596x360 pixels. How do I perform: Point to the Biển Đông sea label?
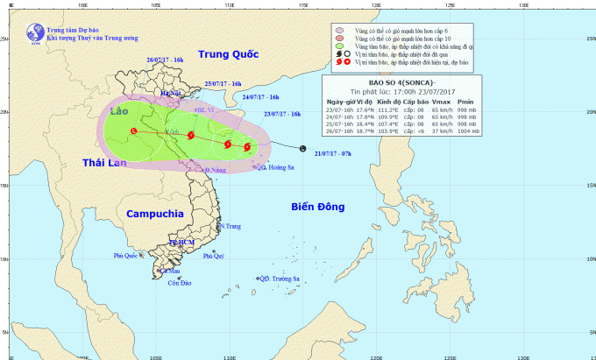pyautogui.click(x=320, y=206)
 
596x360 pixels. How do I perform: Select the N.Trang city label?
pyautogui.click(x=230, y=226)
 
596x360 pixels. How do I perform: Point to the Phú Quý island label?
pyautogui.click(x=214, y=256)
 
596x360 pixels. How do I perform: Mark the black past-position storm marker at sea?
pyautogui.click(x=302, y=147)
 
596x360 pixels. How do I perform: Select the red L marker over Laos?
pyautogui.click(x=133, y=131)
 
